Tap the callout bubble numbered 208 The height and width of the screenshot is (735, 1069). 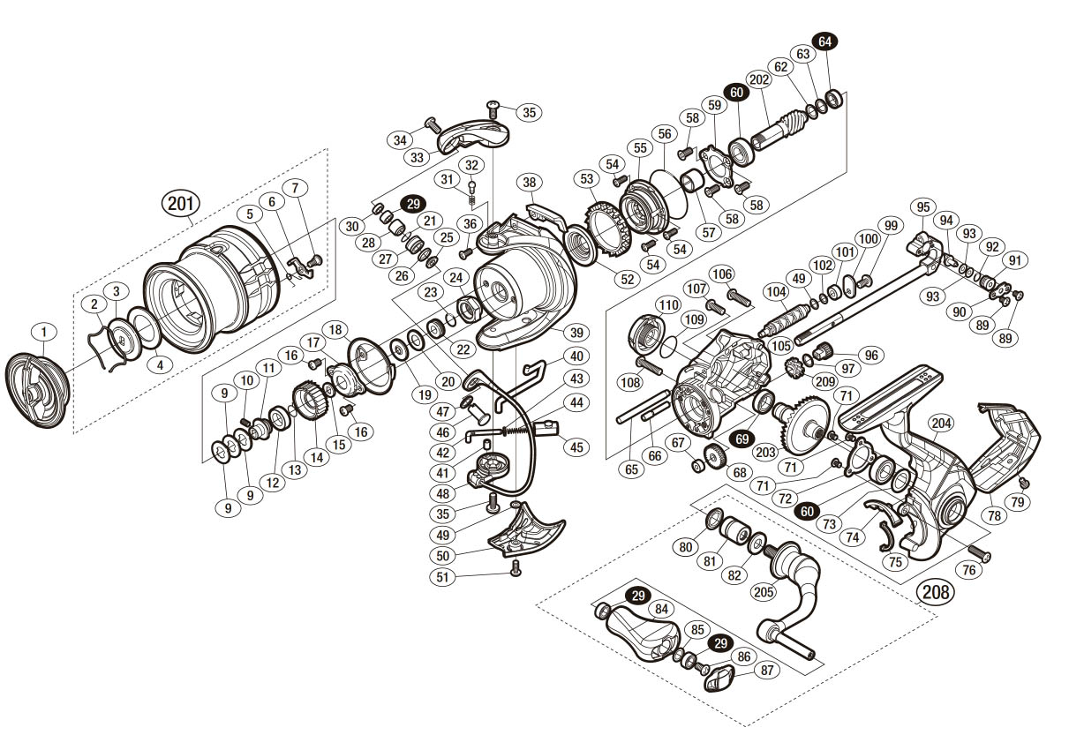pos(934,590)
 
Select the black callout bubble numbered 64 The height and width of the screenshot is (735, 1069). pos(826,41)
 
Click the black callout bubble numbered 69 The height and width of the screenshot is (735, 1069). pos(742,438)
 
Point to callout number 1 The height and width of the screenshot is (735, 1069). pos(43,332)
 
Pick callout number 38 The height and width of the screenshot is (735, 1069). pos(529,183)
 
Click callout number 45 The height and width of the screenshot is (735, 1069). pos(576,447)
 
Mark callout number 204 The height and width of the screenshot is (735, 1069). pos(940,424)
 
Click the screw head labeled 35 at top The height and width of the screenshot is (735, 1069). pos(493,108)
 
